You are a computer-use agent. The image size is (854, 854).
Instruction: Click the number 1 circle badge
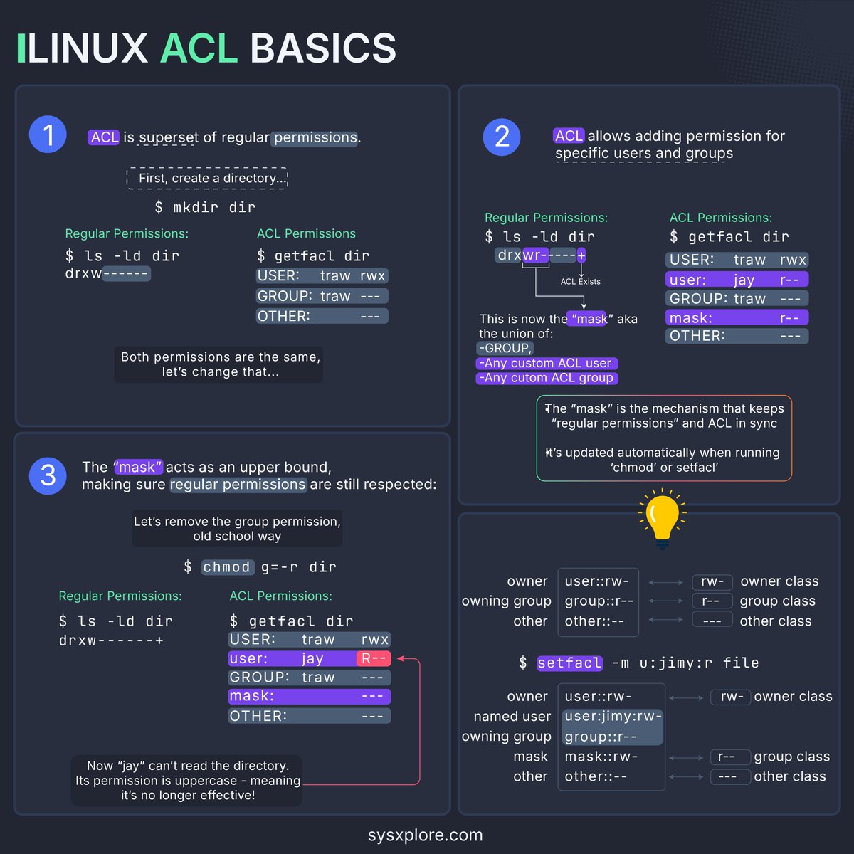point(48,135)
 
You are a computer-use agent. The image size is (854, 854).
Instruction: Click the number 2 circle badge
point(502,137)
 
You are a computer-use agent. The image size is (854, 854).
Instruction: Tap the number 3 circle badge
point(48,475)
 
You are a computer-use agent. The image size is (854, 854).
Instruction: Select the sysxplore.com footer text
point(425,835)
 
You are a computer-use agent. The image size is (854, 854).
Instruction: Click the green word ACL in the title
point(199,48)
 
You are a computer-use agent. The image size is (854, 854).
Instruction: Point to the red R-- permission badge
point(374,659)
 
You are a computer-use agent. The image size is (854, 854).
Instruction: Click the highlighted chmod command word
point(227,567)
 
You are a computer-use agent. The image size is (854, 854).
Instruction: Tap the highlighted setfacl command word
point(569,663)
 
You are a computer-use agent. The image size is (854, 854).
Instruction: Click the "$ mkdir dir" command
point(205,208)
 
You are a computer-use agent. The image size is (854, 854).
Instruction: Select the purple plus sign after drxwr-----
point(581,255)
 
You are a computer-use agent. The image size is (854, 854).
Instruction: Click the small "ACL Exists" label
point(580,282)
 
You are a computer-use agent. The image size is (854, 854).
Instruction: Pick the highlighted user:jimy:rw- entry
point(613,717)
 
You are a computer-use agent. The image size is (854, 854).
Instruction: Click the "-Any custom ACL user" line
point(547,364)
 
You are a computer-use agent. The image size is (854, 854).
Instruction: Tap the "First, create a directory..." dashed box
point(207,179)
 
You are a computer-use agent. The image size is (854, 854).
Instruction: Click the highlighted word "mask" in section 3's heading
point(139,468)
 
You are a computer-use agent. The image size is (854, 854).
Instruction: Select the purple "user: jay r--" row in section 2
point(737,280)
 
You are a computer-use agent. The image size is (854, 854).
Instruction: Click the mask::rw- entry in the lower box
point(601,757)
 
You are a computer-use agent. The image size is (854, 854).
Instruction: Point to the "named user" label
point(512,717)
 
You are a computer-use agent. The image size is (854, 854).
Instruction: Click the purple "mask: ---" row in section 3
point(310,697)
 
